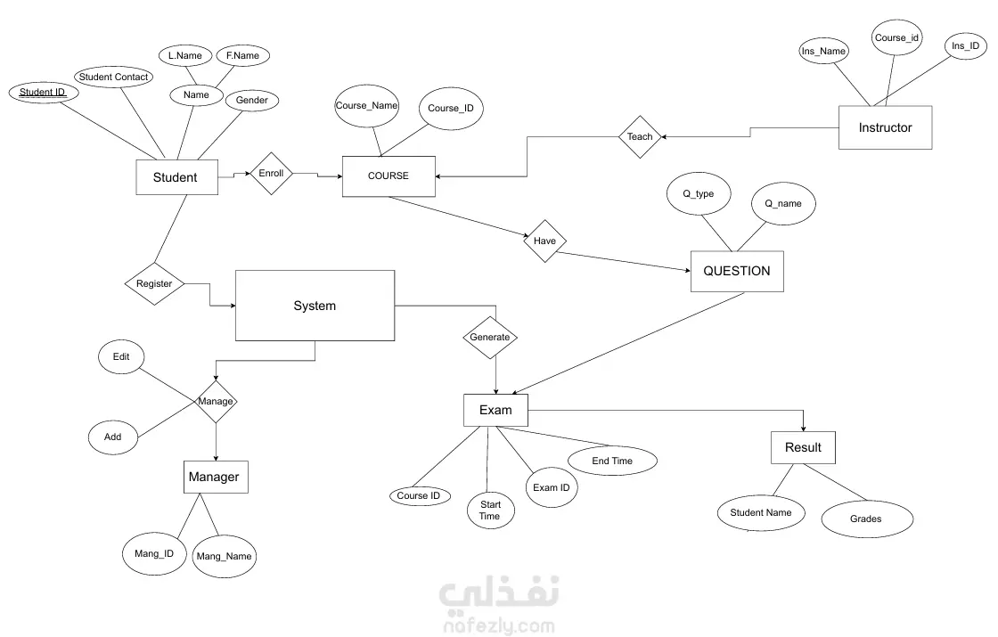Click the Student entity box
click(175, 177)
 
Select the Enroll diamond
click(271, 173)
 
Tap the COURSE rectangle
click(389, 176)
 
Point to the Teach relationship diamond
click(640, 136)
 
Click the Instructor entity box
click(885, 127)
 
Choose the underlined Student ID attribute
click(43, 92)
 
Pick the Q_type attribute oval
click(699, 194)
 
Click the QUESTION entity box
click(736, 271)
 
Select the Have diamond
click(544, 241)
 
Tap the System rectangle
click(315, 306)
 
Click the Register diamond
click(154, 284)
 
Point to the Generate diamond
click(490, 337)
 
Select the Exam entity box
click(495, 410)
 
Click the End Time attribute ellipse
click(612, 461)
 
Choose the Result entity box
click(803, 447)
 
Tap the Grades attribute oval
click(865, 519)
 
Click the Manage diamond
click(216, 401)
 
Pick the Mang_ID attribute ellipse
click(148, 553)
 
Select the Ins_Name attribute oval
click(822, 51)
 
